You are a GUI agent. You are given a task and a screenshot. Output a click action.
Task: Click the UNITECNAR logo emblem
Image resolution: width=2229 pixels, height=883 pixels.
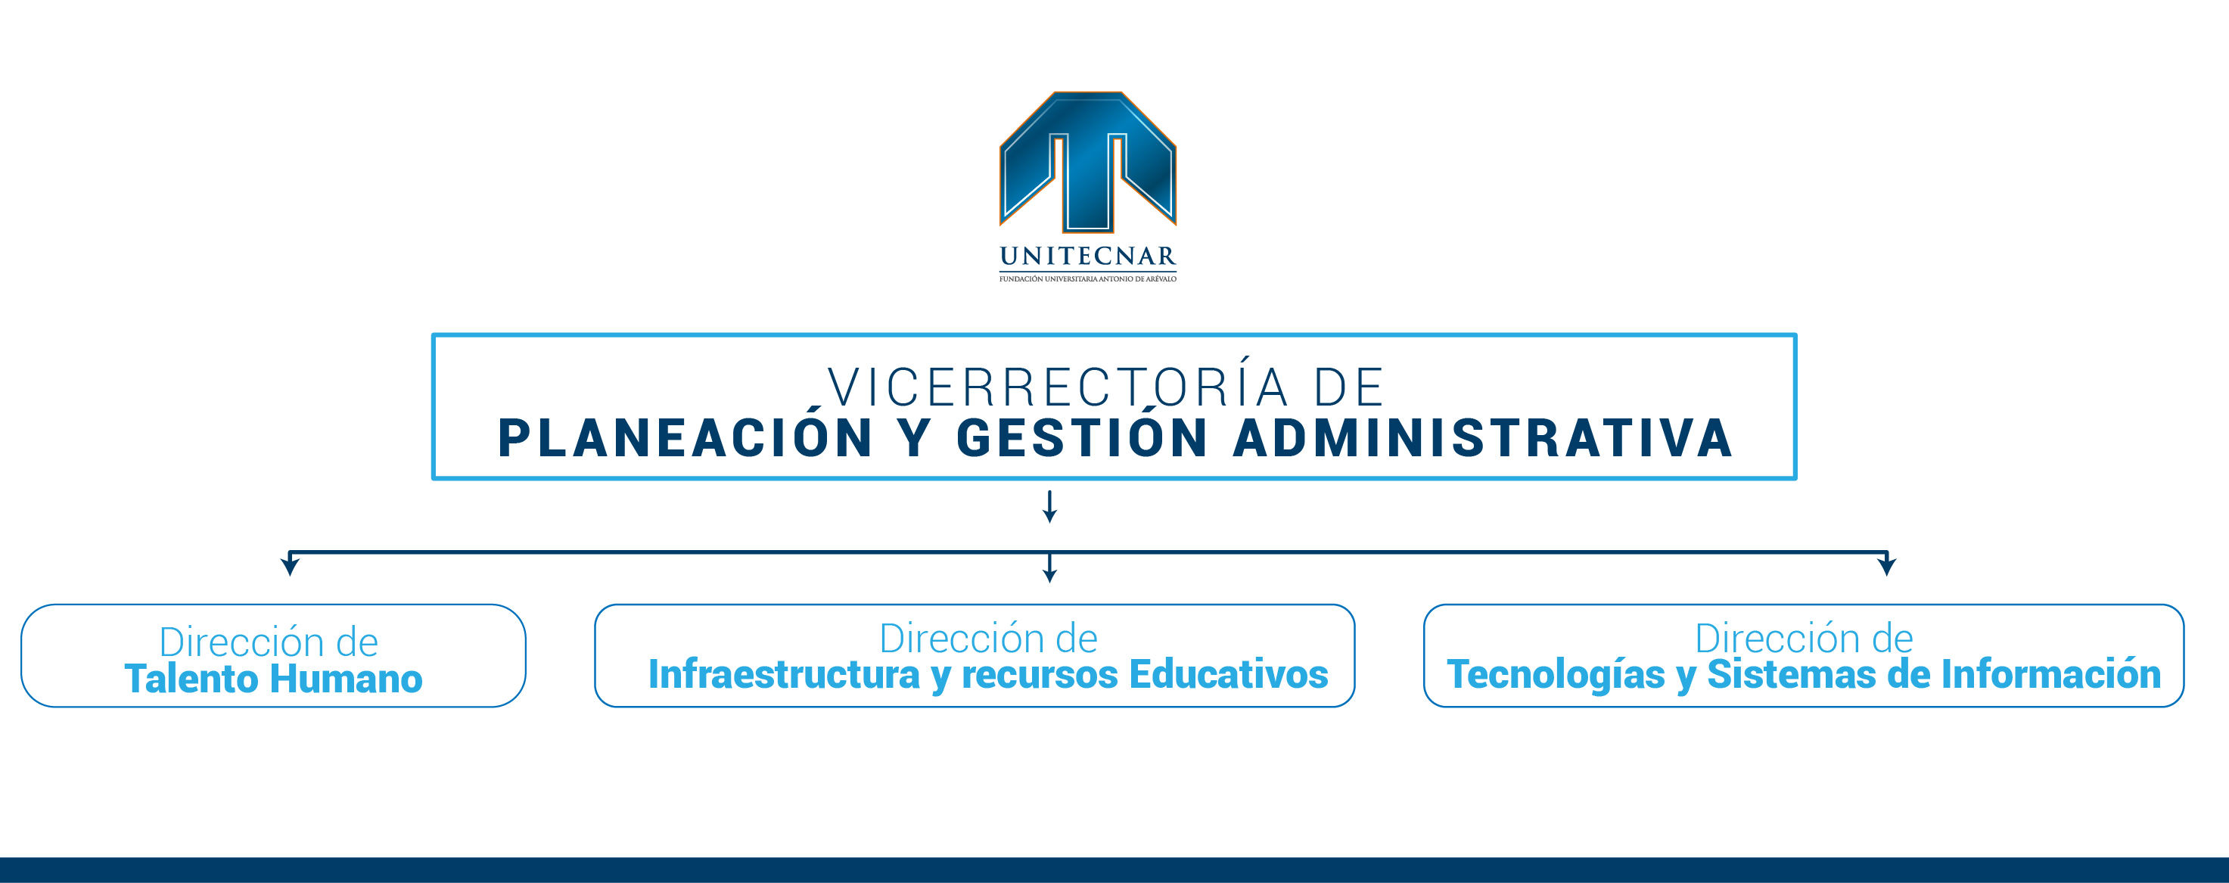coord(1088,162)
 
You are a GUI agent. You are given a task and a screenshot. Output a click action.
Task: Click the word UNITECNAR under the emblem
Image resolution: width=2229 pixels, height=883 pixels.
coord(1088,257)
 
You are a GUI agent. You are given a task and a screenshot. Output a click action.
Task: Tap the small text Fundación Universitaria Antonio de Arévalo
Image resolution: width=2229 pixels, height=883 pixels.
coord(1088,278)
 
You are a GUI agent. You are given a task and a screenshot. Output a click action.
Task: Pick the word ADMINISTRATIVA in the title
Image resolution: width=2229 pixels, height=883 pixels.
coord(1483,437)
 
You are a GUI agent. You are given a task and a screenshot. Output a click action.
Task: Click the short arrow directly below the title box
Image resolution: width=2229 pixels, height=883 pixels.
coord(1049,506)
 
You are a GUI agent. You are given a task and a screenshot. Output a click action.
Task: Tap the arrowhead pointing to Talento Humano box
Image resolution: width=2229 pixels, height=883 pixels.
coord(290,566)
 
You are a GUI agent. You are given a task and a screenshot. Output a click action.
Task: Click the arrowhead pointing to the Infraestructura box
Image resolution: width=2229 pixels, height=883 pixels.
coord(1049,575)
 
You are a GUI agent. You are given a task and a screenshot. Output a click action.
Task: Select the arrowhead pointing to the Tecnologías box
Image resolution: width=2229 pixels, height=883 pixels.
coord(1887,566)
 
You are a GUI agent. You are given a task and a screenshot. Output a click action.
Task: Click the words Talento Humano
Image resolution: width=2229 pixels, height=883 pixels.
coord(273,679)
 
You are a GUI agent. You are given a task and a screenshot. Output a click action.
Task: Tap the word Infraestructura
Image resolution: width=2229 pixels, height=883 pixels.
coord(784,674)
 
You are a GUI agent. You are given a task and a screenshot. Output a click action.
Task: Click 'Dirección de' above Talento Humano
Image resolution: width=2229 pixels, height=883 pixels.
coord(269,642)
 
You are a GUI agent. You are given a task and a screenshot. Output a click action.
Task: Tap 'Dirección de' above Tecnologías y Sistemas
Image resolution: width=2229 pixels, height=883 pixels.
coord(1804,638)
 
